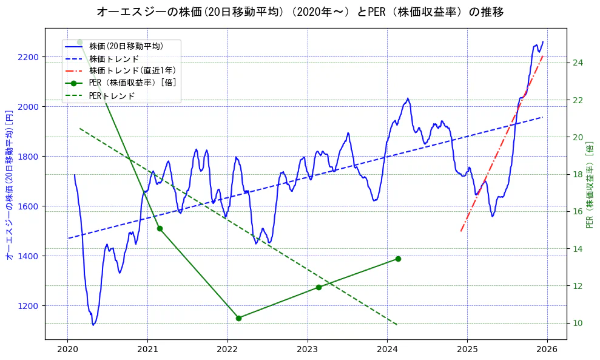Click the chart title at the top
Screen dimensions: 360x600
coord(300,12)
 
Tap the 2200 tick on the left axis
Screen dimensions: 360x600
coord(28,57)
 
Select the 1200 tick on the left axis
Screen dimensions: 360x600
coord(28,305)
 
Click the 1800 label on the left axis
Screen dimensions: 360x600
coord(28,157)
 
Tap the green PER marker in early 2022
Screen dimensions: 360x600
coord(238,318)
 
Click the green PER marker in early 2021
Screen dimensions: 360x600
coord(160,228)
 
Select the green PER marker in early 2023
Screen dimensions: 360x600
coord(319,287)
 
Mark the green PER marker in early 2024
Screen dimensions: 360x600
coord(398,259)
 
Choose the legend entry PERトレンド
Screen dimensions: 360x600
coord(112,96)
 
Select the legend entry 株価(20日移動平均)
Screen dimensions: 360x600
coord(126,46)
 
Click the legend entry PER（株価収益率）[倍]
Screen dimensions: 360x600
coord(133,83)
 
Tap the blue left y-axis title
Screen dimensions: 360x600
coord(9,185)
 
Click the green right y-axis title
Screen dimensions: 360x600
coord(590,185)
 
